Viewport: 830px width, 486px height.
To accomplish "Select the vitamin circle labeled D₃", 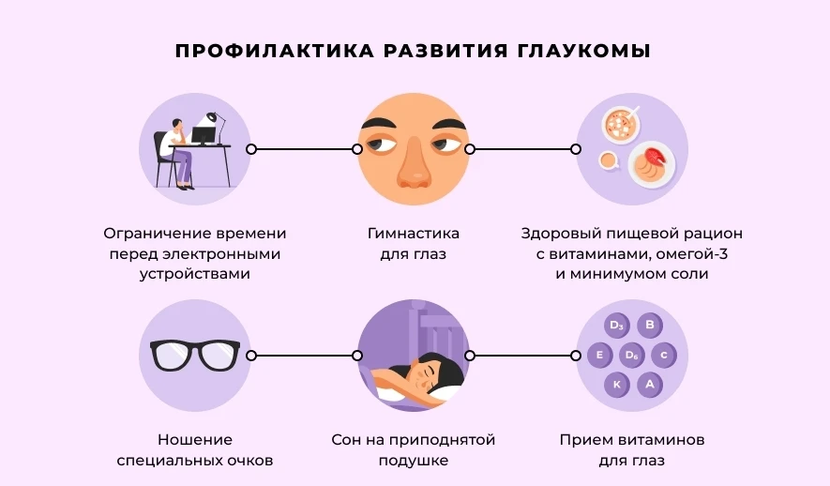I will click(616, 327).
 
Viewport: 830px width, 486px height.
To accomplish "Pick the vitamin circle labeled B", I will click(648, 327).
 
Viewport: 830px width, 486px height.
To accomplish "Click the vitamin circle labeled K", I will click(616, 384).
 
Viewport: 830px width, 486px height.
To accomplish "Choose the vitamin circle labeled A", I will click(648, 384).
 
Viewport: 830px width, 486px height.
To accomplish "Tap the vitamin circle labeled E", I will click(599, 356).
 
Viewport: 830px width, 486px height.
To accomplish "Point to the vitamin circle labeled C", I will click(664, 356).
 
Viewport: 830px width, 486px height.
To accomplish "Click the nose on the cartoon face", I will click(413, 170).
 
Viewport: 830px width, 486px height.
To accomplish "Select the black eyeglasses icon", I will click(195, 356).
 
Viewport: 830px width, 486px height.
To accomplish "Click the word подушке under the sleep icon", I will click(413, 461).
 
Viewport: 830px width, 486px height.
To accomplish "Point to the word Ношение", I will click(195, 440).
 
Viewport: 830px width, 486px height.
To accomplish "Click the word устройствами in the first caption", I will click(195, 275).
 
